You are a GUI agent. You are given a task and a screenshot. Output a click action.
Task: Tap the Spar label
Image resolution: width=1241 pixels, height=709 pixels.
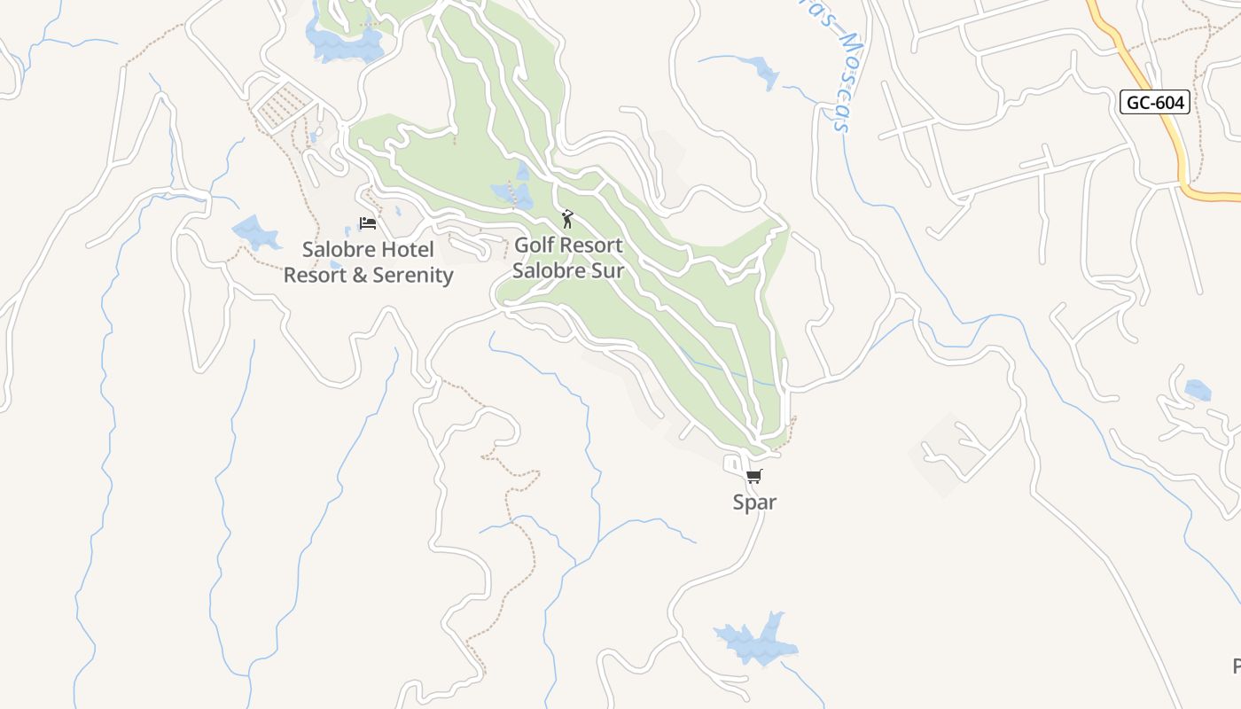[754, 503]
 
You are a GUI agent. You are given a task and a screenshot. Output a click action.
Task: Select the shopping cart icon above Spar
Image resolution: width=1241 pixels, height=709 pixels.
[753, 477]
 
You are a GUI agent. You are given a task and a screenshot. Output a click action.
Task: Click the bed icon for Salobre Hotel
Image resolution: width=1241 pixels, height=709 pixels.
[367, 222]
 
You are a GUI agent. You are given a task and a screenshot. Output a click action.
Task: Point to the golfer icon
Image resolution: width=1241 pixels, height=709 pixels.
[567, 218]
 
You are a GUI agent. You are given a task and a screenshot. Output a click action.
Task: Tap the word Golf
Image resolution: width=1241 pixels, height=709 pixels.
[535, 245]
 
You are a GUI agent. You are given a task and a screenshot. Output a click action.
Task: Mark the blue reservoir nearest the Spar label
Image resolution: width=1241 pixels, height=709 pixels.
[755, 641]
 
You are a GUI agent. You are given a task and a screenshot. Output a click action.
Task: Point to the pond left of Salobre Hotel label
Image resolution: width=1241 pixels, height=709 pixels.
[256, 232]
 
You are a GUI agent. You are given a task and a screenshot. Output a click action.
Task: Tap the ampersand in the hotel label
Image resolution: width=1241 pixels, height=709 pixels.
[359, 275]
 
